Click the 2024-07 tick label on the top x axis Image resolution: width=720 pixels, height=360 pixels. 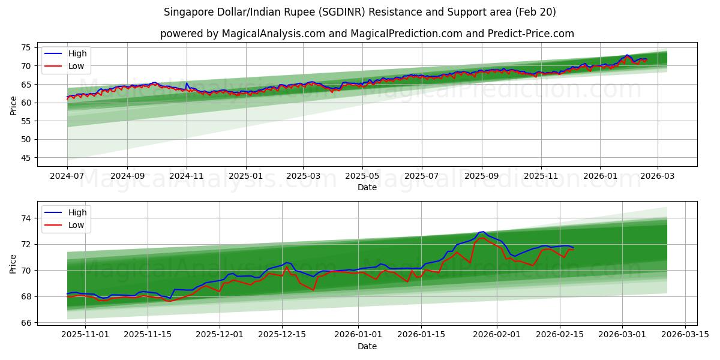click(x=67, y=176)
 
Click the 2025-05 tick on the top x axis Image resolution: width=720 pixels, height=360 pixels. click(x=362, y=176)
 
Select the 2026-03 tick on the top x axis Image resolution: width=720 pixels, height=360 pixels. click(x=658, y=176)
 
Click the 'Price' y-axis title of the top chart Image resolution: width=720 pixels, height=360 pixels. click(x=13, y=105)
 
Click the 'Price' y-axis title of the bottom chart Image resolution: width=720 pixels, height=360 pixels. click(x=13, y=263)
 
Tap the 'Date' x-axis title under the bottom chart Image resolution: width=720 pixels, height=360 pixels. click(x=367, y=346)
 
